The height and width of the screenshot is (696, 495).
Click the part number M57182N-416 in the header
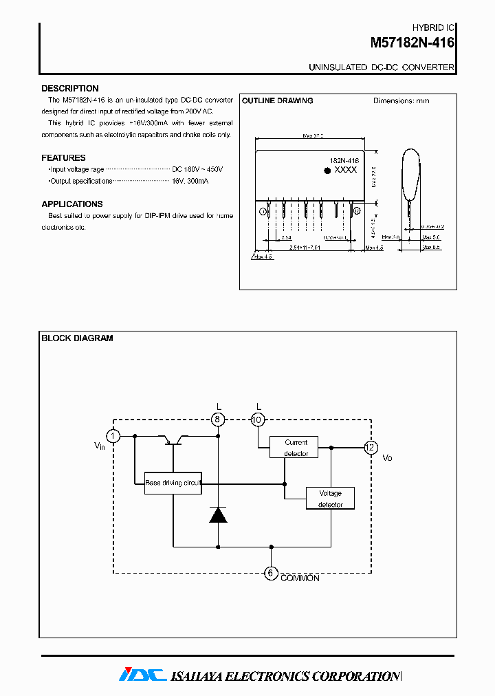(x=412, y=43)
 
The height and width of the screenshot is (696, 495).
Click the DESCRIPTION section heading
(x=69, y=89)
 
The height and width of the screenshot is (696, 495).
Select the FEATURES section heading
(x=63, y=158)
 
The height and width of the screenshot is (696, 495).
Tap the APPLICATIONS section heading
(x=71, y=204)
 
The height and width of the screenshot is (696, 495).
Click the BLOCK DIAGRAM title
(x=77, y=338)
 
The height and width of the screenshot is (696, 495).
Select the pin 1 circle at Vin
(x=113, y=436)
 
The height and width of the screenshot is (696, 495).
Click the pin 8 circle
(x=218, y=420)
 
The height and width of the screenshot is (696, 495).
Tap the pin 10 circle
(x=258, y=420)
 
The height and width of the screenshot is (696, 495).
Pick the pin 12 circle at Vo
(x=371, y=448)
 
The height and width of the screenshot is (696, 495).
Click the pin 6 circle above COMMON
(x=272, y=573)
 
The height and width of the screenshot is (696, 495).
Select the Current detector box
(x=296, y=448)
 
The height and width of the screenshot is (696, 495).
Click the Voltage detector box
(x=330, y=499)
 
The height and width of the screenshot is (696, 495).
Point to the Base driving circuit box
(x=173, y=483)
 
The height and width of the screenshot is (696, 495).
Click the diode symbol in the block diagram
(x=218, y=514)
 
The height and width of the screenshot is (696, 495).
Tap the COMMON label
(x=300, y=579)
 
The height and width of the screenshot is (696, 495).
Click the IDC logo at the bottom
(x=142, y=675)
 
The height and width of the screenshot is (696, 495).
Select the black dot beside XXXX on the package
(x=327, y=169)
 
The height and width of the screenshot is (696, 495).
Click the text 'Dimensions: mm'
(x=401, y=101)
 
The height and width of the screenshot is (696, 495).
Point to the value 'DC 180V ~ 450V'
(x=197, y=169)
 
